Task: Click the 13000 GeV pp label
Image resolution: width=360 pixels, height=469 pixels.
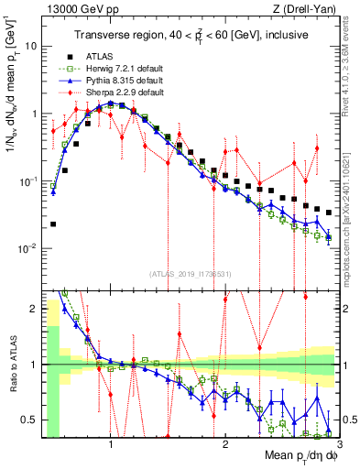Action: (70, 10)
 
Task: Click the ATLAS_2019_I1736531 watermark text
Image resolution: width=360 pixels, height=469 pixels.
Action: (191, 273)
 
